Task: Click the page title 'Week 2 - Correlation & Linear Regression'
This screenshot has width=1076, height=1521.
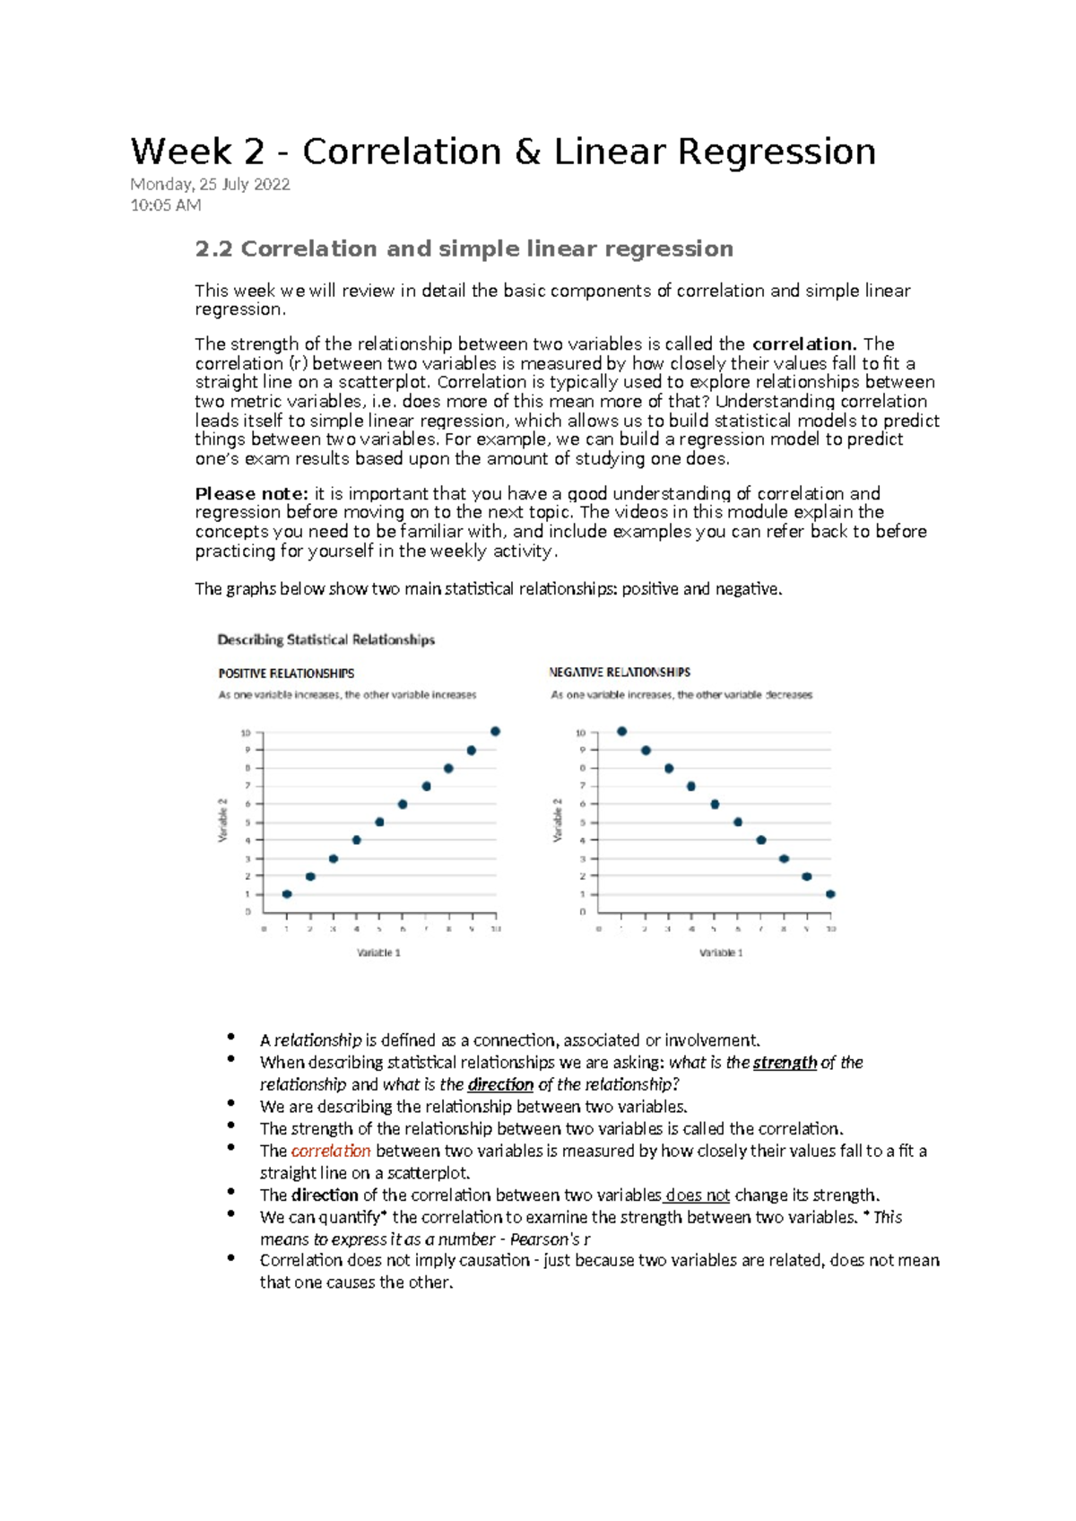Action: [x=503, y=152]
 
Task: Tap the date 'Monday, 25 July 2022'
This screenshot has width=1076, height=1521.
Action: [x=210, y=185]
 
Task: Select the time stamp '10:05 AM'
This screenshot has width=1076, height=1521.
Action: [x=166, y=205]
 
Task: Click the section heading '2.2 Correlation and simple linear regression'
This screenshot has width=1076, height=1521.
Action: [x=464, y=248]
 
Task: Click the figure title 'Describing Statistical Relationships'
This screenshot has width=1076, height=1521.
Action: [x=325, y=639]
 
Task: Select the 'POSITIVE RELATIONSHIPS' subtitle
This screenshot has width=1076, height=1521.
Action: [x=286, y=673]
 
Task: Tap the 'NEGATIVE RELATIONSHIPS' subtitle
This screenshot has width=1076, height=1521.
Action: [x=619, y=672]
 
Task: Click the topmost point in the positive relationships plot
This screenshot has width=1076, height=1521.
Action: [x=495, y=732]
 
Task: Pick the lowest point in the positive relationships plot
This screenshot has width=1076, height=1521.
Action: [x=287, y=894]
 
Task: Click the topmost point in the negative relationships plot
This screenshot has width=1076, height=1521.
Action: [x=622, y=732]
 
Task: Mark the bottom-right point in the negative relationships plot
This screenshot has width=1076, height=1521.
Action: [x=830, y=894]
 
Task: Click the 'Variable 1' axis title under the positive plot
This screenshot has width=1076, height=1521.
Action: [x=378, y=952]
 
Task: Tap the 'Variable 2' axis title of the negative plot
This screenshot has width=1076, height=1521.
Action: [x=558, y=820]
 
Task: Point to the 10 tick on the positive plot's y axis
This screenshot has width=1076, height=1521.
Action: [x=245, y=733]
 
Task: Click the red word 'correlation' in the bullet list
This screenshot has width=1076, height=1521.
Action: [x=331, y=1151]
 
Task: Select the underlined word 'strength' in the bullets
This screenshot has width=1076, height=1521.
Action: [x=785, y=1063]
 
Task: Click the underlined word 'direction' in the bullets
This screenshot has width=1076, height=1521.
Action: [x=500, y=1084]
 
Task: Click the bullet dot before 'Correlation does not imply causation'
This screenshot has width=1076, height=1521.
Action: [x=231, y=1258]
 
